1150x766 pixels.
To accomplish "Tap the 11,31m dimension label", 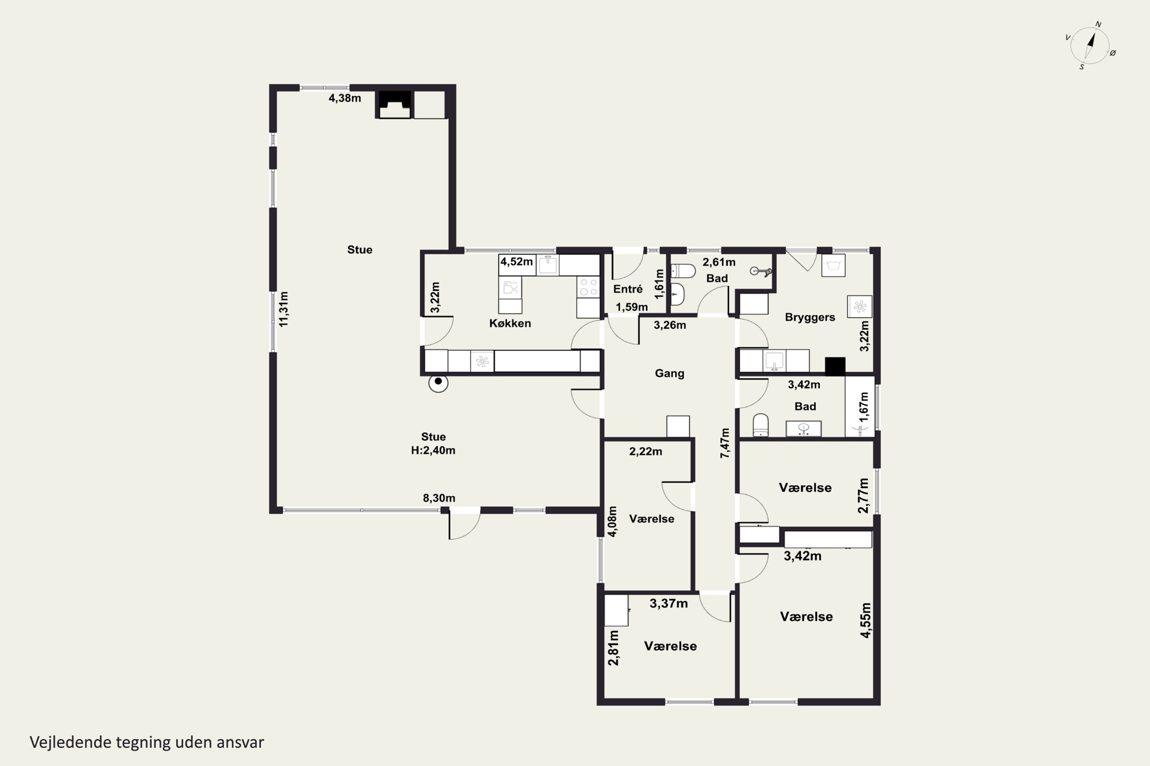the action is coord(284,309).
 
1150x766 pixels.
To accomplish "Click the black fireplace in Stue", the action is coord(395,105).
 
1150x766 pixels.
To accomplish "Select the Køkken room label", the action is coord(510,323).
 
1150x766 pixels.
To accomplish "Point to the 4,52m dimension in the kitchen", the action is coord(516,261).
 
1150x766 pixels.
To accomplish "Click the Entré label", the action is coord(628,289).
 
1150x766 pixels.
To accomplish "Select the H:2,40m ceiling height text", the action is coord(433,450).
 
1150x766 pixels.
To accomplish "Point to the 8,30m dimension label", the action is coord(439,498).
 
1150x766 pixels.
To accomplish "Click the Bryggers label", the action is coord(810,318).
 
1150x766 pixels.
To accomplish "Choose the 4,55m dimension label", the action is coord(866,620).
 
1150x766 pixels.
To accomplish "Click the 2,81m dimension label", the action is coord(613,648).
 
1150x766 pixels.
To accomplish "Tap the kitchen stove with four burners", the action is coord(588,287).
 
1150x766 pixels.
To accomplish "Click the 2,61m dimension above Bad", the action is coord(719,262).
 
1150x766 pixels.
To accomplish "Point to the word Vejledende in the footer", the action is coord(71,743).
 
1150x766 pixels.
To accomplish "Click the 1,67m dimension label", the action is coord(864,407).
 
